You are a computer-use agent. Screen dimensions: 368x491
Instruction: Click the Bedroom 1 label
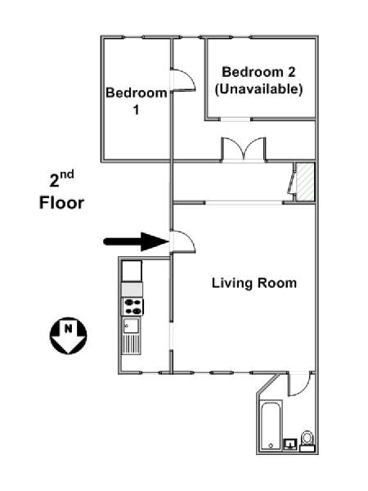(136, 101)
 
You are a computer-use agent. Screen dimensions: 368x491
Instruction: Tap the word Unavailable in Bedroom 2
(258, 89)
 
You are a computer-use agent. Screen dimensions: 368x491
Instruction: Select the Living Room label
(254, 283)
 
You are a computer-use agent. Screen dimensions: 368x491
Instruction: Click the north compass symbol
(68, 336)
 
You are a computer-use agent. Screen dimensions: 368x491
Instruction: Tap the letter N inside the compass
(68, 329)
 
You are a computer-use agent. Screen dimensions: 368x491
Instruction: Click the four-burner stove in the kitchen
(132, 307)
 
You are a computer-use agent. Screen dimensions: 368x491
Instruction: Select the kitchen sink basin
(131, 326)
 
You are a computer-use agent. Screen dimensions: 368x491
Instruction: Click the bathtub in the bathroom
(272, 426)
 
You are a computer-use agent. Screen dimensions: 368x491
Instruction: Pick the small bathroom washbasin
(290, 444)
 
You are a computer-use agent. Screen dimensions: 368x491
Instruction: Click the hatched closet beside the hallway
(305, 182)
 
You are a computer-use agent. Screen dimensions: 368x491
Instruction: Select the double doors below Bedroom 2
(244, 150)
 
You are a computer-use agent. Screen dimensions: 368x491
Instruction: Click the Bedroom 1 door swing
(183, 80)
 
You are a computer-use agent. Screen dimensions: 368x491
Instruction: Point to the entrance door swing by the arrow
(183, 241)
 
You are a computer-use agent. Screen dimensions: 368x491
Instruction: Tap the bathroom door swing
(299, 384)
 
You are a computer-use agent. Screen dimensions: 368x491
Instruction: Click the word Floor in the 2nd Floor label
(61, 203)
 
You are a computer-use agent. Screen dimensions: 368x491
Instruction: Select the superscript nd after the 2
(67, 174)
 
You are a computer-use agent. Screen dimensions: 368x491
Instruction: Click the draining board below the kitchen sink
(131, 345)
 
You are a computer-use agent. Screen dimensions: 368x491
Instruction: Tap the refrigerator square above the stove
(132, 271)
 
